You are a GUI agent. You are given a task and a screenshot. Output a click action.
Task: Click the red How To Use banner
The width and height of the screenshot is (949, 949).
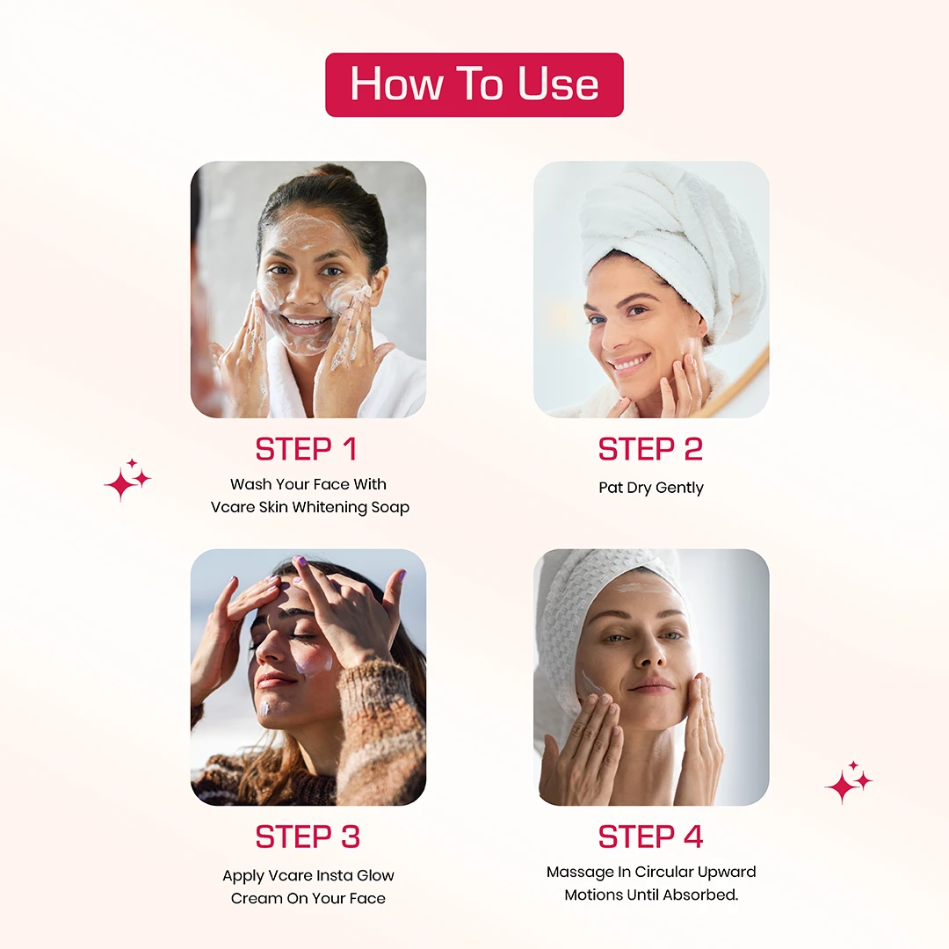pos(474,84)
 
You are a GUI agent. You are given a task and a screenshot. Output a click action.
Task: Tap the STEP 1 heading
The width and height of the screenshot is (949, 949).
pos(307,449)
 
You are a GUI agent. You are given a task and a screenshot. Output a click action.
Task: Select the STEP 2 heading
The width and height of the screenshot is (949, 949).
pos(650,449)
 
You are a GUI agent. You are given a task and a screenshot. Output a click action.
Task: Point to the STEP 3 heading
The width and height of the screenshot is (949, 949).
pos(308,837)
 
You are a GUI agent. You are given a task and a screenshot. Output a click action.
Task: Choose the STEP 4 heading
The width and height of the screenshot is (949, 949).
pos(650,837)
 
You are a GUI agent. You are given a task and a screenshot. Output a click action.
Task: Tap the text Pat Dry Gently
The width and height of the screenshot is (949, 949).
pos(651,488)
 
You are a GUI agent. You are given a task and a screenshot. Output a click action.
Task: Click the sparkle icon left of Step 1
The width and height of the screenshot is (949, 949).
pos(126,481)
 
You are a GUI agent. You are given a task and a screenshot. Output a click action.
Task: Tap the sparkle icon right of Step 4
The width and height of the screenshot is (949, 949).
pos(847,783)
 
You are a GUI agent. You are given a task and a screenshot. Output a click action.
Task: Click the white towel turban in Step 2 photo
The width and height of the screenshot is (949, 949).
pos(672,228)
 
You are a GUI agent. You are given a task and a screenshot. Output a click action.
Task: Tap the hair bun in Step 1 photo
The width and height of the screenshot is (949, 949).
pos(335,170)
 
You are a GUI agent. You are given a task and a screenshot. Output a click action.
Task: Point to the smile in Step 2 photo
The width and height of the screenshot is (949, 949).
pos(630,363)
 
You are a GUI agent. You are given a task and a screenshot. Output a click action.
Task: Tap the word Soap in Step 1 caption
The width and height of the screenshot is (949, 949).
pos(392,507)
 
